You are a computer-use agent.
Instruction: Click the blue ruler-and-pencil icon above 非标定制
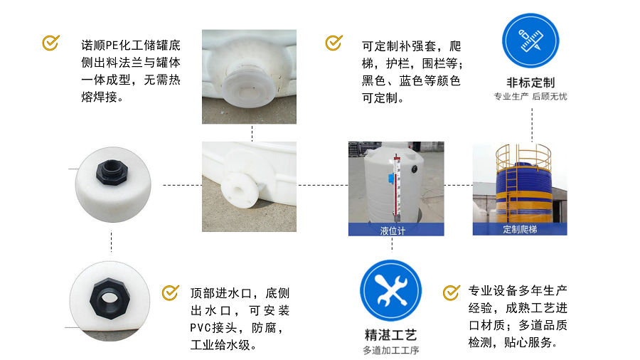click(x=530, y=41)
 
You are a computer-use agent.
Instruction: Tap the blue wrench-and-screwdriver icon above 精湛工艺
click(x=390, y=290)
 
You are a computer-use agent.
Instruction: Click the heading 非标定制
click(x=530, y=83)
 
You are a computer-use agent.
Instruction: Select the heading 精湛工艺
click(x=390, y=336)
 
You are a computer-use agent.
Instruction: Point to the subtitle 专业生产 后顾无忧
click(x=530, y=97)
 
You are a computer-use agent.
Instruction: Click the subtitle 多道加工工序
click(x=390, y=350)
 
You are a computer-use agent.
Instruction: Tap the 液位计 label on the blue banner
click(x=393, y=231)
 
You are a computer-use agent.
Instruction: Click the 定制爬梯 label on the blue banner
click(x=520, y=229)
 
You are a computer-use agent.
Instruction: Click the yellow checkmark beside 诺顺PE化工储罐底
click(x=50, y=43)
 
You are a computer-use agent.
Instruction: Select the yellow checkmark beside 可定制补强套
click(x=334, y=43)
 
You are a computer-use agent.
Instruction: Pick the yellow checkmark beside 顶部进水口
click(x=170, y=292)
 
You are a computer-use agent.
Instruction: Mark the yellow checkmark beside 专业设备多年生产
click(x=451, y=292)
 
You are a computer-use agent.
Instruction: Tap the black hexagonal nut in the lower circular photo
click(x=110, y=298)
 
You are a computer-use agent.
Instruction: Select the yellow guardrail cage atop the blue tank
click(x=523, y=157)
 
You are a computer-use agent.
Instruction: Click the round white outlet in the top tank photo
click(x=249, y=85)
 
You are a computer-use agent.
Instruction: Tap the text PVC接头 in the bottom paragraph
click(x=213, y=328)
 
